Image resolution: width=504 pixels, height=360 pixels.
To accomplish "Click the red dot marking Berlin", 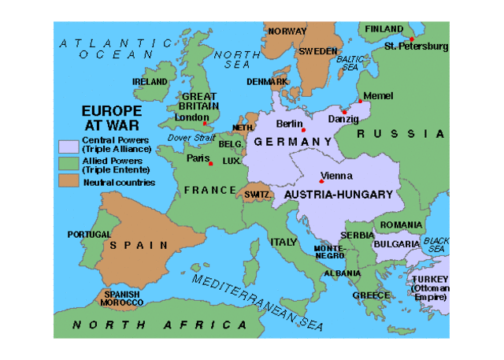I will point(303,130).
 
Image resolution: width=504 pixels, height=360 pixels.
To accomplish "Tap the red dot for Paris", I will point(210,163).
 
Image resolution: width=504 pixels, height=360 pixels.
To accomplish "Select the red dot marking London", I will point(205,124).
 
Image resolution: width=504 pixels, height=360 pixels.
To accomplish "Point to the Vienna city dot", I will point(321,181).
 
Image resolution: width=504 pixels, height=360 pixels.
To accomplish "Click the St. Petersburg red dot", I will point(411,39).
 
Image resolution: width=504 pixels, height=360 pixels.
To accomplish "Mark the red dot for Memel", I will point(360,101).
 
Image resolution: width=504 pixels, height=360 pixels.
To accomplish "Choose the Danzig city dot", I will point(344,113).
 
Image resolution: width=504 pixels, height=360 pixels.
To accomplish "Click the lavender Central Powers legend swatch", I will point(69,145).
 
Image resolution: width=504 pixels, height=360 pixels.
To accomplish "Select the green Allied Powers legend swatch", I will point(69,164).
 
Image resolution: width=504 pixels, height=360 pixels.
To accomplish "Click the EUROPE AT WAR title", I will point(113,118).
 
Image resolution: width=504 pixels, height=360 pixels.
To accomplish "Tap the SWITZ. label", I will point(259,195).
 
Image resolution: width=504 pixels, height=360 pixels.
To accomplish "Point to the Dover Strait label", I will point(191,138).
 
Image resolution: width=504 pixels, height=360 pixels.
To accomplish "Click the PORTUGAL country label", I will point(89,235).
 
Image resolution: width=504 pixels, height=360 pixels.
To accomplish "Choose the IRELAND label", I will point(150,81).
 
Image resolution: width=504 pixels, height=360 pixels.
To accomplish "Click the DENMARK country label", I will point(266,81).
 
